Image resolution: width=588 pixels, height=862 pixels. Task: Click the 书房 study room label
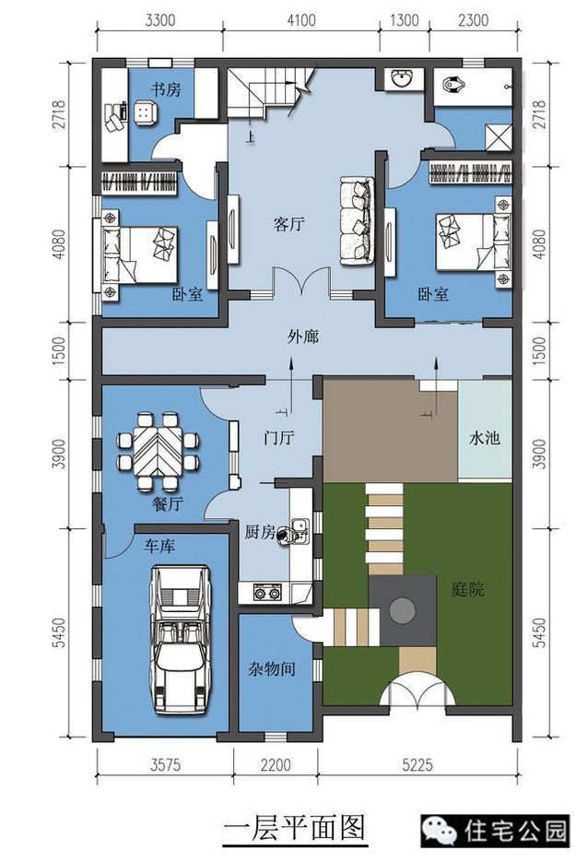166,89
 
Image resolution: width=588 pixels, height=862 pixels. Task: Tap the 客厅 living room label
289,224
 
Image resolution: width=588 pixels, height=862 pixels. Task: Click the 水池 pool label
484,438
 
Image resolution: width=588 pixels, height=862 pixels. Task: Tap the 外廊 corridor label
303,337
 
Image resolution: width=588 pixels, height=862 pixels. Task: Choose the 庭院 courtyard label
467,590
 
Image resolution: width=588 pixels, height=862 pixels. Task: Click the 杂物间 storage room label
272,668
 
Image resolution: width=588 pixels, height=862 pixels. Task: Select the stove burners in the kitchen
266,593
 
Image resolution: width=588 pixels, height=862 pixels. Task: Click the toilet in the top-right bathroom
454,85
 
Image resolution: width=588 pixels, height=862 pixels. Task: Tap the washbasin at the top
401,78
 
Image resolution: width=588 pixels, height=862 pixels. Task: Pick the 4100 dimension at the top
301,20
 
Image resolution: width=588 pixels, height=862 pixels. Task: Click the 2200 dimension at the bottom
276,764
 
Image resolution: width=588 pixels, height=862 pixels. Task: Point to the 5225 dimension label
417,764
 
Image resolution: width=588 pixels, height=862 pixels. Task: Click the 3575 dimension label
165,764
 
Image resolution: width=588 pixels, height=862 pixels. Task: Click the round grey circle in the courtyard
403,609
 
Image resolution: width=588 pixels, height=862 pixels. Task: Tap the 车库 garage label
160,546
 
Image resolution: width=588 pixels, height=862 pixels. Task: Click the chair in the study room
144,112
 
